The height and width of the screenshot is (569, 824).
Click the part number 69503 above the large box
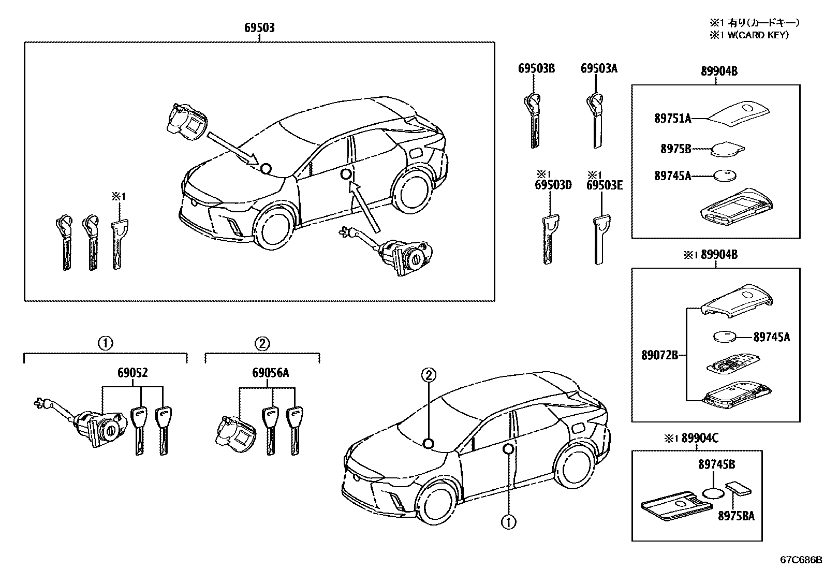click(x=259, y=28)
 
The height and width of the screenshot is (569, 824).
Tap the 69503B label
click(x=536, y=68)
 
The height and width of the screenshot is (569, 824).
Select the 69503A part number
click(x=599, y=68)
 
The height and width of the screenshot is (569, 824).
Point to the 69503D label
click(x=553, y=185)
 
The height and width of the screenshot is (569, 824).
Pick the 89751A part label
click(x=672, y=119)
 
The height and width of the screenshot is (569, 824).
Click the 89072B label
click(x=659, y=355)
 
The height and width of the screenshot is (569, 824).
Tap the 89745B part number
click(x=716, y=465)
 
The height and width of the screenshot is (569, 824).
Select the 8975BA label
click(x=735, y=516)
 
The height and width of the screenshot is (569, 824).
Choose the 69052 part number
click(x=133, y=373)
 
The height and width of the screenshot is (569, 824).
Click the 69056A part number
click(x=271, y=373)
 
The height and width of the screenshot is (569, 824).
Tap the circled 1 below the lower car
click(x=508, y=522)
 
